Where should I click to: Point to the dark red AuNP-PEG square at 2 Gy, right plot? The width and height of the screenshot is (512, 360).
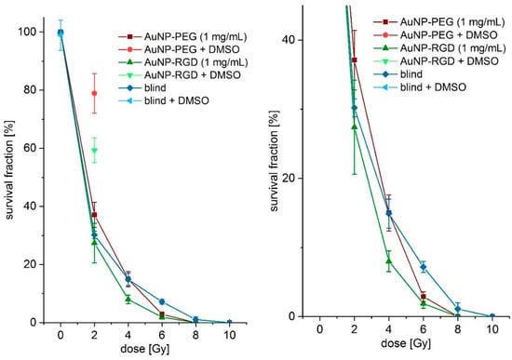[x=355, y=60]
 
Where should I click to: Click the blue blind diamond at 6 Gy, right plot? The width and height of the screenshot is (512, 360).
[x=423, y=267]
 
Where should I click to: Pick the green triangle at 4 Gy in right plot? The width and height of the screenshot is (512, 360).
[x=389, y=261]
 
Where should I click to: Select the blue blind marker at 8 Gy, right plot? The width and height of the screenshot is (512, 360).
[x=457, y=309]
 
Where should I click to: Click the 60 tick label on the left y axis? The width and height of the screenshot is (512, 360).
[x=33, y=148]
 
